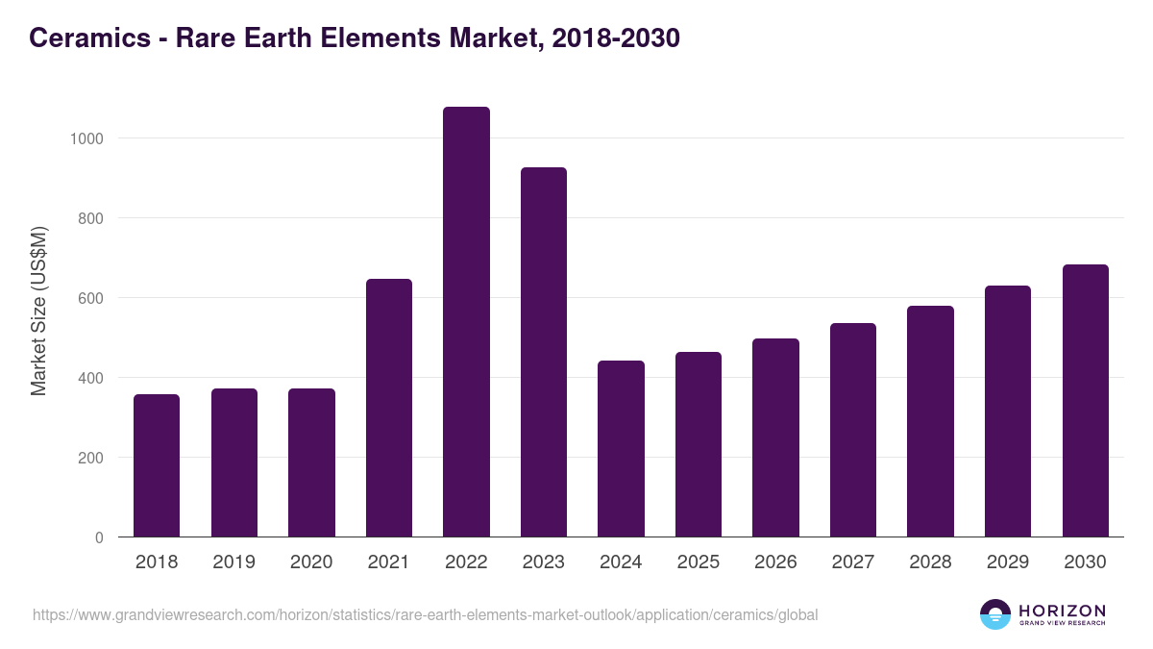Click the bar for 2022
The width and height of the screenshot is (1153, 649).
(466, 322)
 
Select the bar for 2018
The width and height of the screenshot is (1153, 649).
(157, 465)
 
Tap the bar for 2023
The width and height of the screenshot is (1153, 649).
(544, 352)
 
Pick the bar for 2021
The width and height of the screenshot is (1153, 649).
(389, 408)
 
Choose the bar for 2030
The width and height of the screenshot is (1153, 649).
(1086, 401)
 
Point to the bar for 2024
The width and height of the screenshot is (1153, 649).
(621, 449)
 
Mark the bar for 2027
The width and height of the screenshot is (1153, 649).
(853, 430)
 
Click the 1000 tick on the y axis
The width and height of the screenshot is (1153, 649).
(86, 138)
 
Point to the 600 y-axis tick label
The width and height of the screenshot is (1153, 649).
(91, 298)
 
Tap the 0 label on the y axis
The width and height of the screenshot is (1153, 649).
(100, 537)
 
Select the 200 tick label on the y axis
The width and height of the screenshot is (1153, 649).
(91, 458)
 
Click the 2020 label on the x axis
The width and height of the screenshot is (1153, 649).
(311, 562)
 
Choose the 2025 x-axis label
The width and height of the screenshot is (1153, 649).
(699, 562)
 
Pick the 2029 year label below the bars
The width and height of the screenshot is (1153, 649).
(1008, 562)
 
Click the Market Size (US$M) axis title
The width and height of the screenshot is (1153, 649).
(38, 311)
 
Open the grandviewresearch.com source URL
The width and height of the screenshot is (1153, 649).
(425, 614)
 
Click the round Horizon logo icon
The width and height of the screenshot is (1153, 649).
(994, 614)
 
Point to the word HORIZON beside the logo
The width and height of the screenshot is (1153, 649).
(1062, 611)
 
